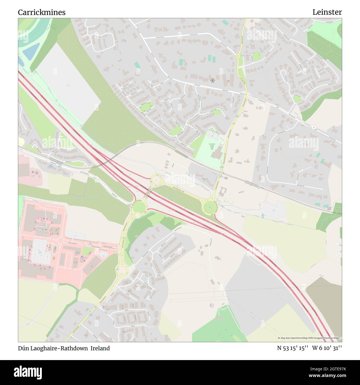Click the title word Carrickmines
pyautogui.click(x=42, y=12)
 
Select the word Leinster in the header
pyautogui.click(x=327, y=12)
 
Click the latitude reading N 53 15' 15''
pyautogui.click(x=293, y=348)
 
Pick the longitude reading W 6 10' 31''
pyautogui.click(x=327, y=348)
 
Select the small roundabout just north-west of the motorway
pyautogui.click(x=156, y=180)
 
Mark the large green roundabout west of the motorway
pyautogui.click(x=139, y=207)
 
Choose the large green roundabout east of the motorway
pyautogui.click(x=210, y=207)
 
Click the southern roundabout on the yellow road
pyautogui.click(x=122, y=270)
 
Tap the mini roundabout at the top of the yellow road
pyautogui.click(x=238, y=56)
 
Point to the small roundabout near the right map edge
pyautogui.click(x=314, y=127)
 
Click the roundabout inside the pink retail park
pyautogui.click(x=60, y=240)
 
